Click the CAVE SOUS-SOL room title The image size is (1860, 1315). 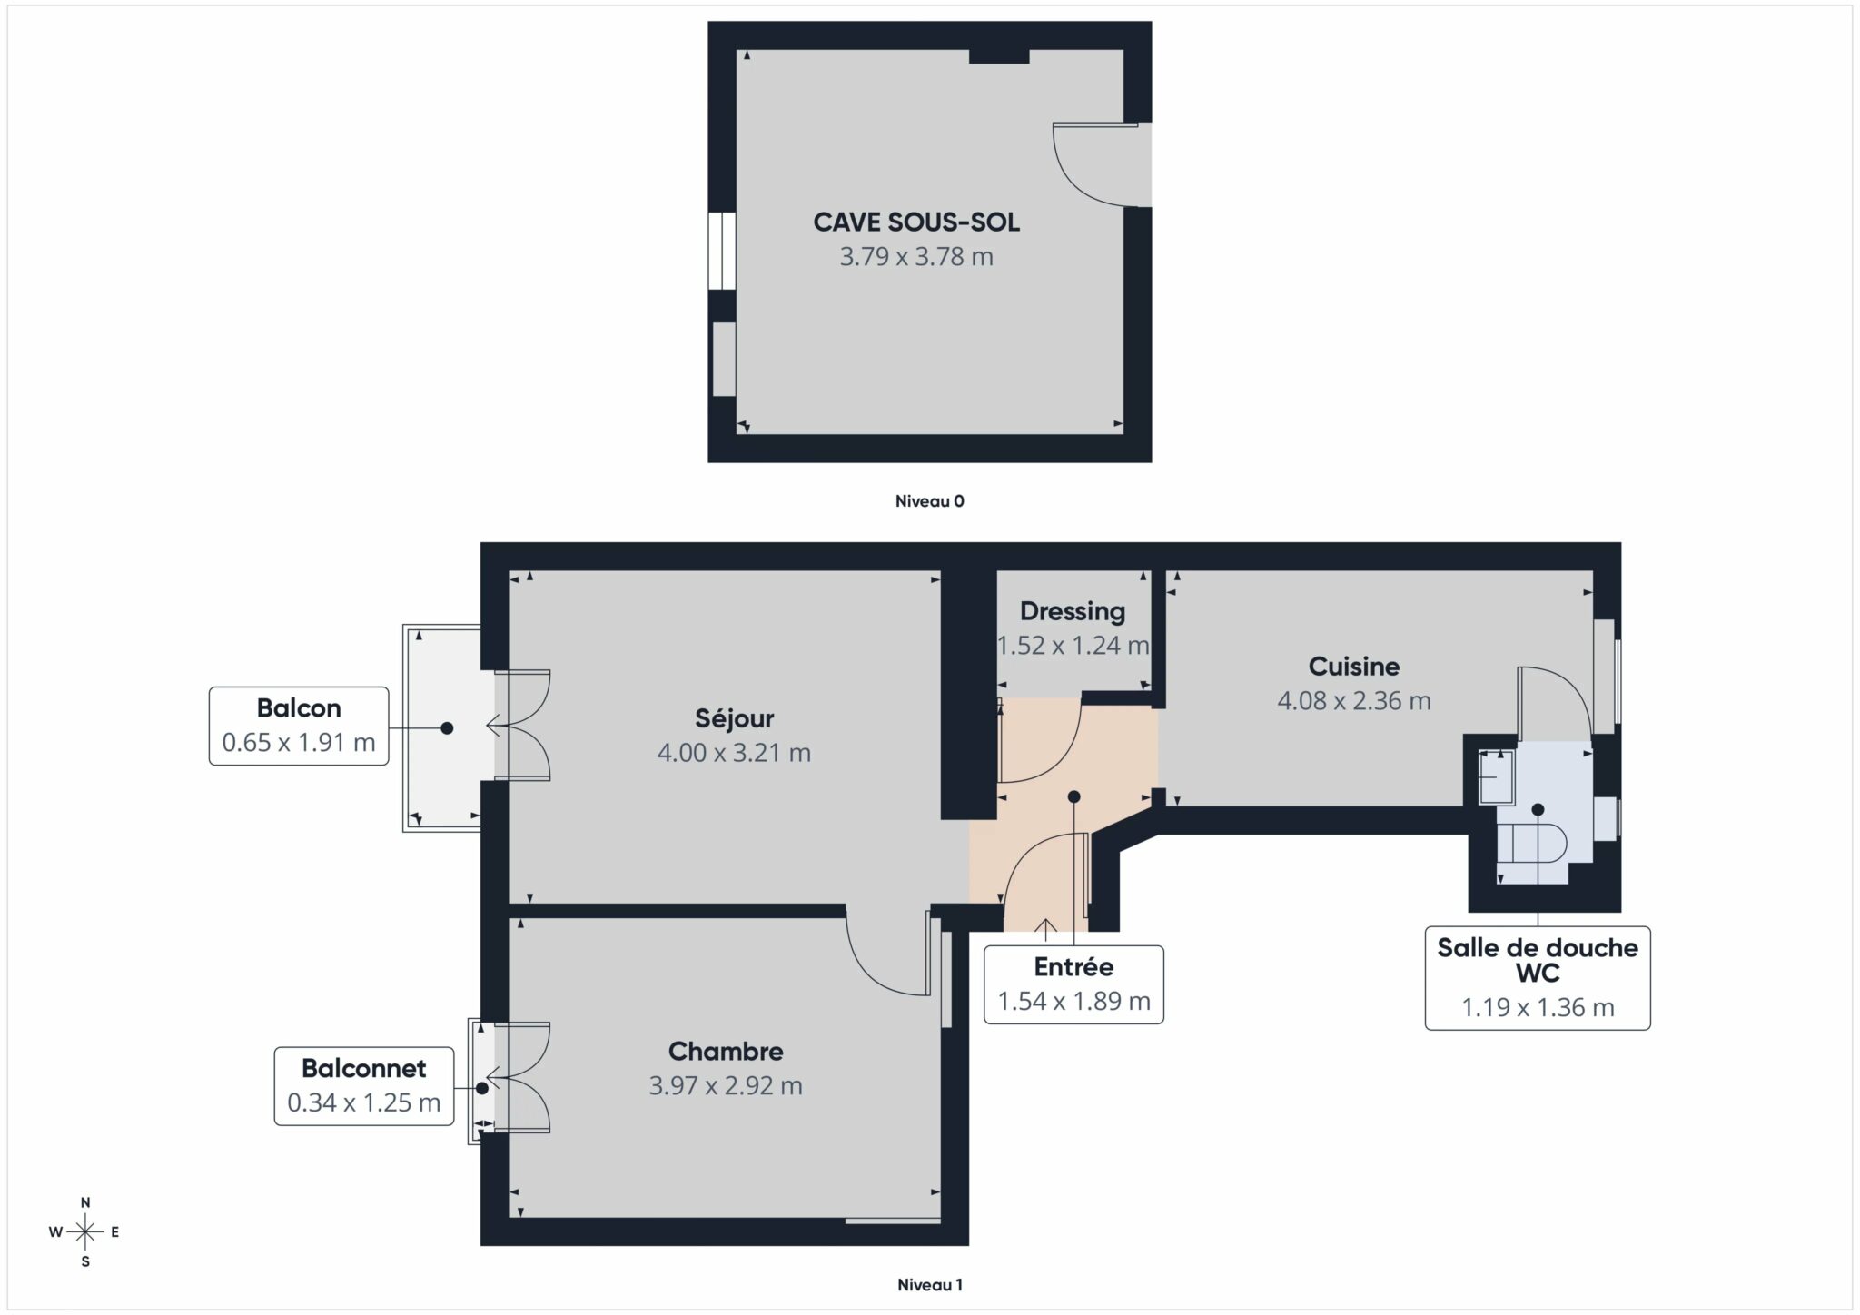915,222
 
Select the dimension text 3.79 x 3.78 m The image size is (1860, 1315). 915,257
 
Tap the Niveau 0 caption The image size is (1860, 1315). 929,501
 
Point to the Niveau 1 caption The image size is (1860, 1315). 929,1285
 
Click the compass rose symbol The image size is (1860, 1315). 85,1232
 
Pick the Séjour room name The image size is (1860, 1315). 734,718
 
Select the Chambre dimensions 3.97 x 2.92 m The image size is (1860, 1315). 725,1086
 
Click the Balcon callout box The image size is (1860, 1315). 299,726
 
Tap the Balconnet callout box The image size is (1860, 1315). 364,1085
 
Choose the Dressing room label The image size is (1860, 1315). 1072,611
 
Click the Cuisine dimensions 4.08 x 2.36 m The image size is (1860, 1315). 1353,701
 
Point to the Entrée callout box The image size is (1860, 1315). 1073,984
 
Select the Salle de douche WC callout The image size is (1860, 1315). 1537,977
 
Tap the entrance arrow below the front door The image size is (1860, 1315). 1045,927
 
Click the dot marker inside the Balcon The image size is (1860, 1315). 447,728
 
